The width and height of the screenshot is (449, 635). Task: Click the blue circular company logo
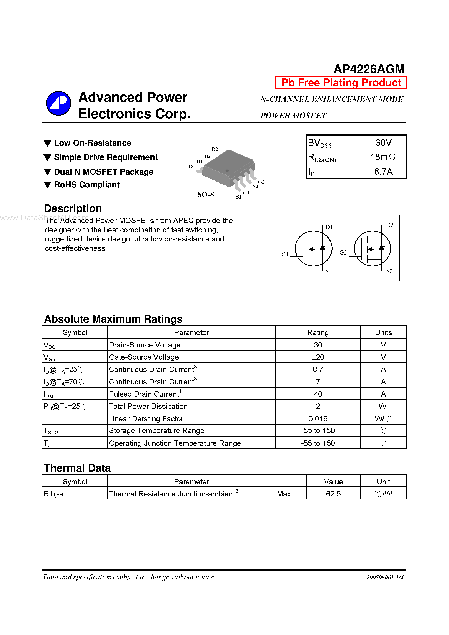click(58, 103)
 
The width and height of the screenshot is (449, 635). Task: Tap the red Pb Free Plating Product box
click(341, 83)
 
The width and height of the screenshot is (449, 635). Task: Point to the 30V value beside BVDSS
click(383, 143)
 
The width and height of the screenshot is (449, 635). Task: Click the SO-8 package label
click(205, 195)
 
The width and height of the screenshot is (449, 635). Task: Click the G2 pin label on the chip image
click(261, 182)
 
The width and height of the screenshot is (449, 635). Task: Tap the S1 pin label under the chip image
click(239, 197)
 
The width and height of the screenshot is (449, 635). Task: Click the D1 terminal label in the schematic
click(329, 227)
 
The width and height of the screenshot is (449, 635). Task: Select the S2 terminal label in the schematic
click(389, 271)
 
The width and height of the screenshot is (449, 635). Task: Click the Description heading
click(73, 208)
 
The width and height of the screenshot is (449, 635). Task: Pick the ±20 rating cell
click(318, 357)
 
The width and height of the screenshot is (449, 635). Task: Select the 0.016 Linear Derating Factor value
click(318, 418)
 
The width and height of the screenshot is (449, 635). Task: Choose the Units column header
click(383, 332)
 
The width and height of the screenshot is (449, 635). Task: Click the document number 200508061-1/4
click(384, 577)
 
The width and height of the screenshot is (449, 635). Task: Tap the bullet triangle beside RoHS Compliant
click(48, 185)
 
